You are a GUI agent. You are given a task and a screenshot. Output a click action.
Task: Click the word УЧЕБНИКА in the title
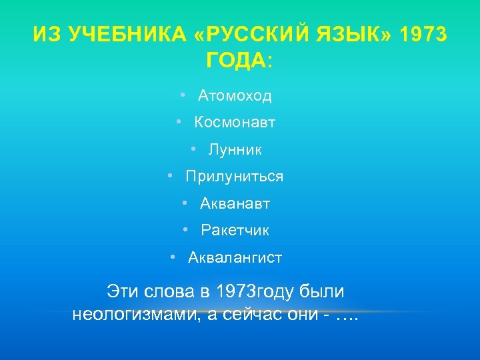[x=118, y=35]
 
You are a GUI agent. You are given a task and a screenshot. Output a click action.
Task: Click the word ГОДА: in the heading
[x=240, y=62]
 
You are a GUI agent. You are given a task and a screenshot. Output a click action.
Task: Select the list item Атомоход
[x=235, y=96]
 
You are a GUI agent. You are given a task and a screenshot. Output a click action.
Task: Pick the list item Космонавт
[x=235, y=123]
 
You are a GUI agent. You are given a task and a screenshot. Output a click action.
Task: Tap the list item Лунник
[x=235, y=150]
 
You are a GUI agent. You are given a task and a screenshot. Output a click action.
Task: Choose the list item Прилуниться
[x=235, y=177]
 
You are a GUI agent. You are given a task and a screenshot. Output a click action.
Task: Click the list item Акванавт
[x=235, y=204]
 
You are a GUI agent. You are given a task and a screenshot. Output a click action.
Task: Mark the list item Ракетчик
[x=235, y=231]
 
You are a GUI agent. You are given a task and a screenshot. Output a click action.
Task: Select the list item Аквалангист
[x=235, y=257]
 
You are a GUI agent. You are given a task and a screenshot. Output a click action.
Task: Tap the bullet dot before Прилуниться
[x=171, y=176]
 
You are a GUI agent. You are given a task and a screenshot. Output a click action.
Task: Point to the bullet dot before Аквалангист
[x=173, y=257]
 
